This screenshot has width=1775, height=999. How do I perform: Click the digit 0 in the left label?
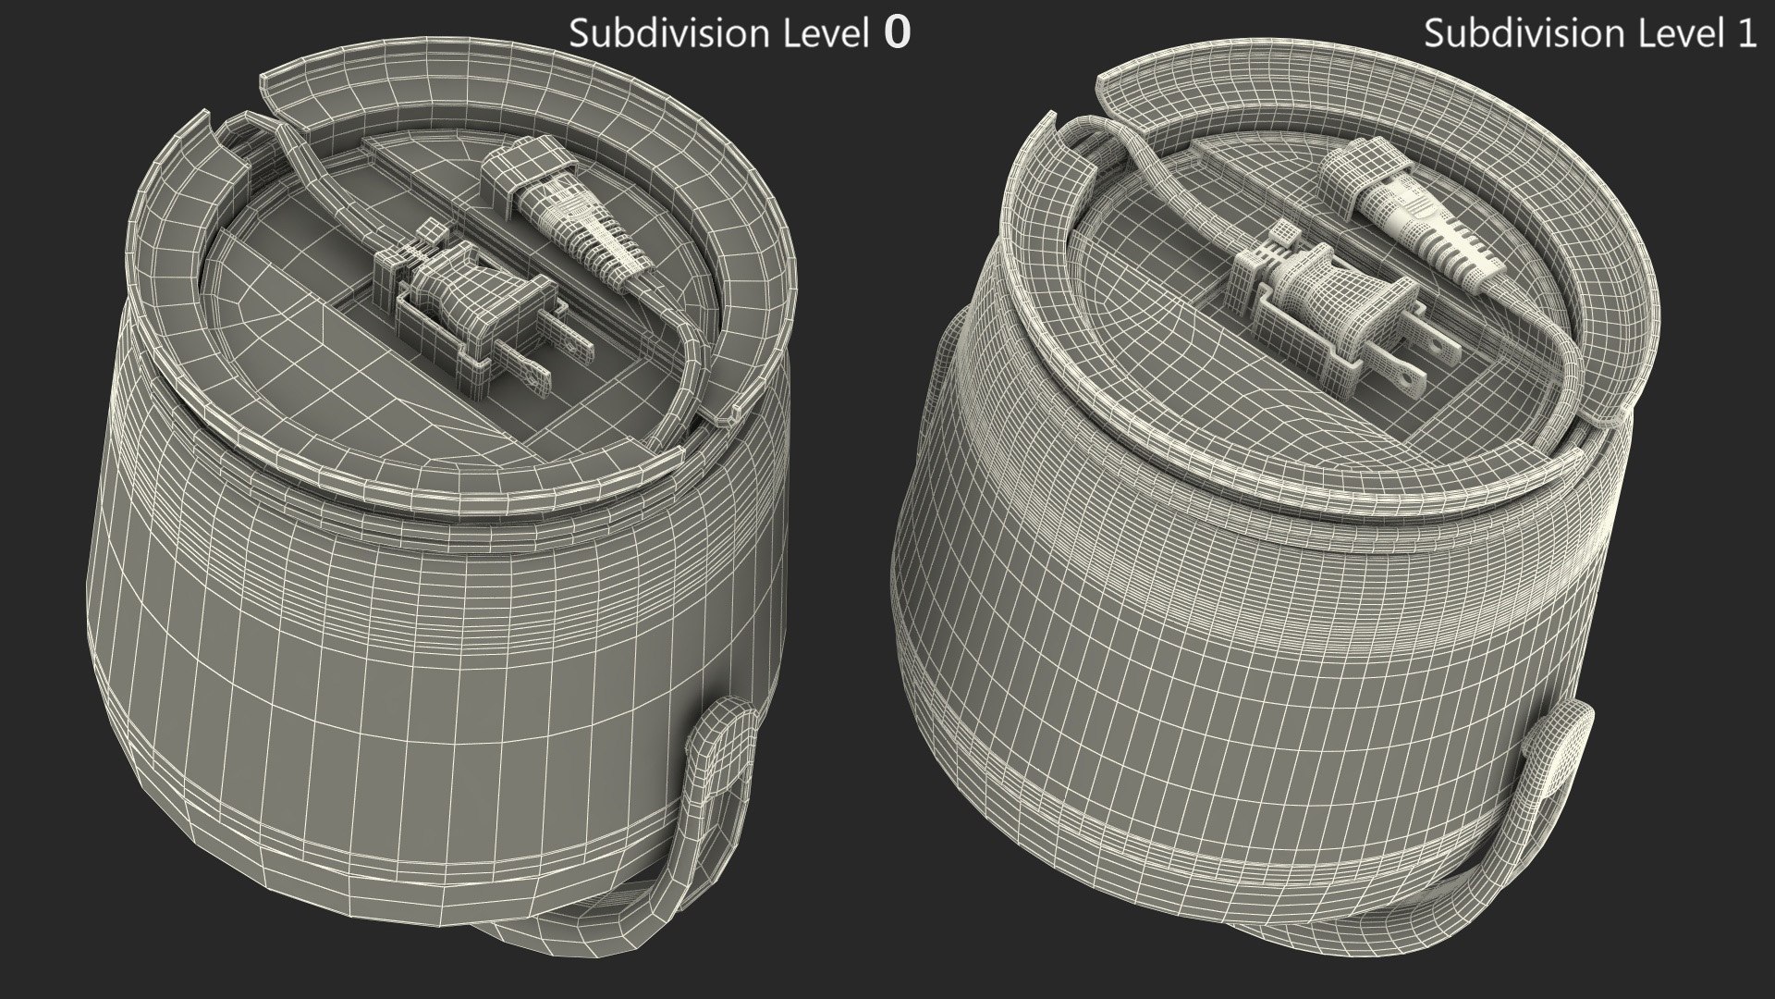898,33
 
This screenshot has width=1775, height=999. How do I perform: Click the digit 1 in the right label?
1745,33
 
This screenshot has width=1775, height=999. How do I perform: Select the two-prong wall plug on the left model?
481,310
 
